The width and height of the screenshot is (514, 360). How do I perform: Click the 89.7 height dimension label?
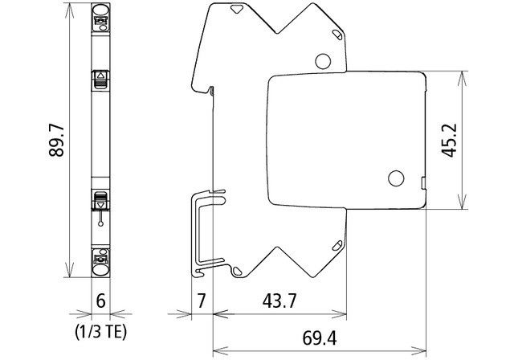tap(57, 145)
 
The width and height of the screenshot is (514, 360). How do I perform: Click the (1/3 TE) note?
tap(101, 329)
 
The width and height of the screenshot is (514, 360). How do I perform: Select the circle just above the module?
tap(323, 60)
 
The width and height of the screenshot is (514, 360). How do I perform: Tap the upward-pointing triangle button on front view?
tap(101, 79)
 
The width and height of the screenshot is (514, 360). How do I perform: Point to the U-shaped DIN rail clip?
tap(206, 233)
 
